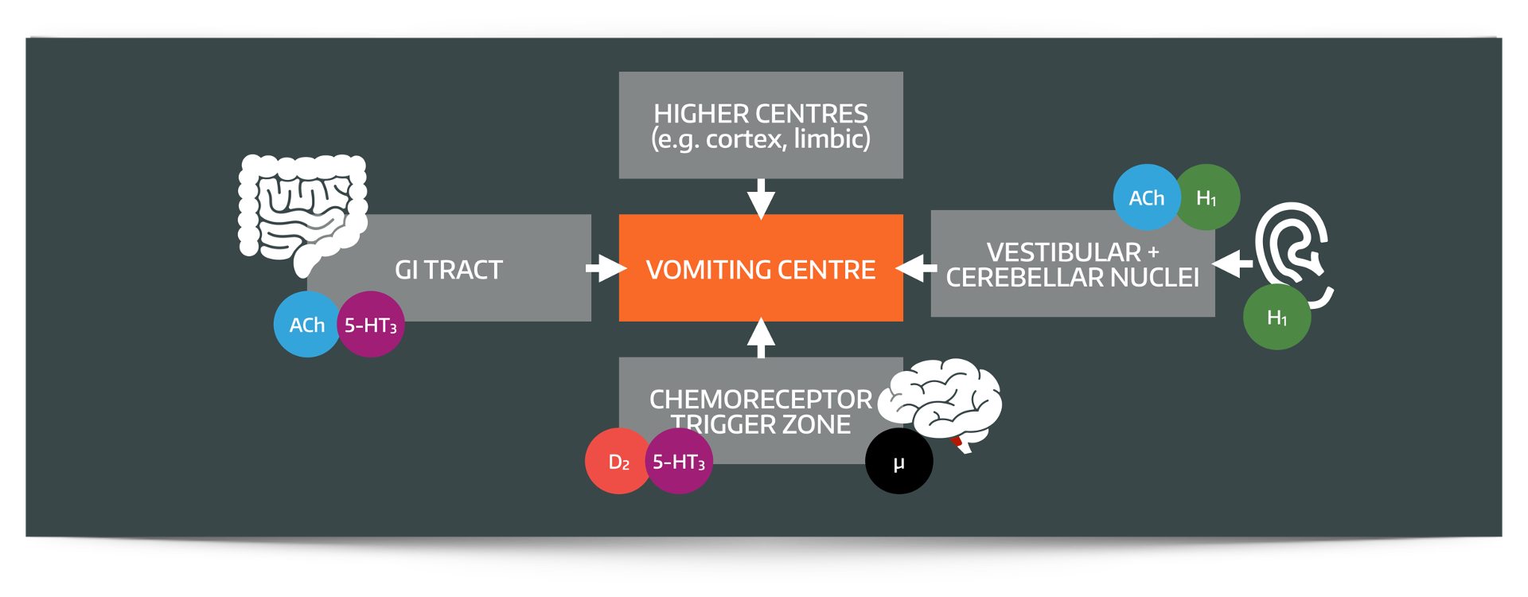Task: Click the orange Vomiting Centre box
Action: click(x=761, y=269)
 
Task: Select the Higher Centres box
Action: click(x=761, y=125)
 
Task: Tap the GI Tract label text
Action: click(x=449, y=270)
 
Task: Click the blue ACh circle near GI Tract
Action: click(x=306, y=325)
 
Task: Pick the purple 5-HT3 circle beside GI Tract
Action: click(x=371, y=325)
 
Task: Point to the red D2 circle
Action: click(x=618, y=462)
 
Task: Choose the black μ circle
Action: click(x=898, y=462)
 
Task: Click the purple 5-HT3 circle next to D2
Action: click(x=679, y=462)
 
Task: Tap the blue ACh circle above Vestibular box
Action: click(x=1146, y=197)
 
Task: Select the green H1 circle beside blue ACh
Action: click(x=1207, y=197)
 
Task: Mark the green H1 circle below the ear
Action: click(x=1277, y=318)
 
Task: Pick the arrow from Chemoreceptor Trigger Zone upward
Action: click(x=761, y=338)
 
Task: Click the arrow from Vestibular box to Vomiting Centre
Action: click(x=917, y=267)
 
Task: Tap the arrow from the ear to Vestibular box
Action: click(x=1233, y=263)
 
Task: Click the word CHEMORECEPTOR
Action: click(x=761, y=399)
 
